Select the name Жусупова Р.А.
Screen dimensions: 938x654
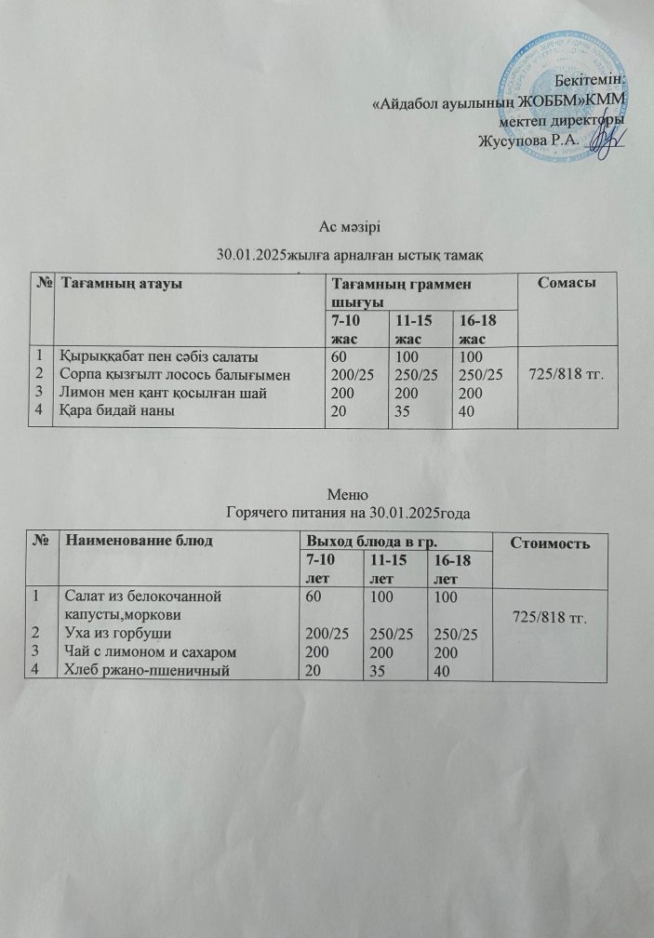click(x=527, y=141)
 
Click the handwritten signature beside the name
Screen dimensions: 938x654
click(x=601, y=141)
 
